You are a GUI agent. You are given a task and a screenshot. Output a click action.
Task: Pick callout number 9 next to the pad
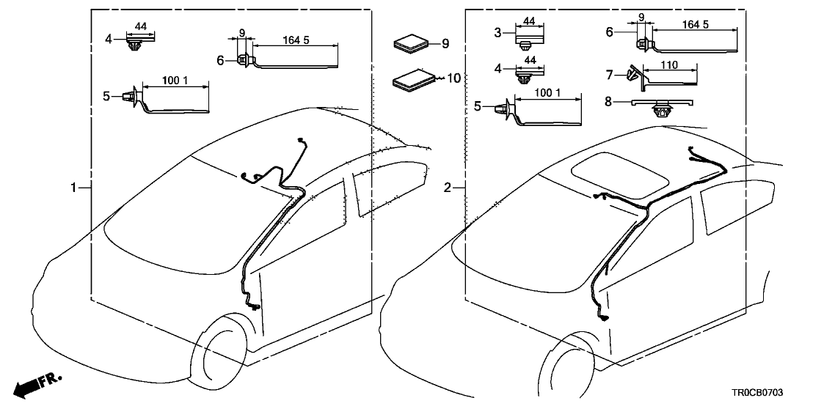point(445,44)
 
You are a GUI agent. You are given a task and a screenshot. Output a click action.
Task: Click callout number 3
point(497,32)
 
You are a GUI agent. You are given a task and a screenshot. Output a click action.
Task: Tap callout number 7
point(609,75)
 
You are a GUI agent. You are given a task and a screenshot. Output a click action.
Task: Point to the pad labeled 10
point(412,80)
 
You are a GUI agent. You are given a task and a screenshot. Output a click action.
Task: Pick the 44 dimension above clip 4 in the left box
point(141,27)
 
